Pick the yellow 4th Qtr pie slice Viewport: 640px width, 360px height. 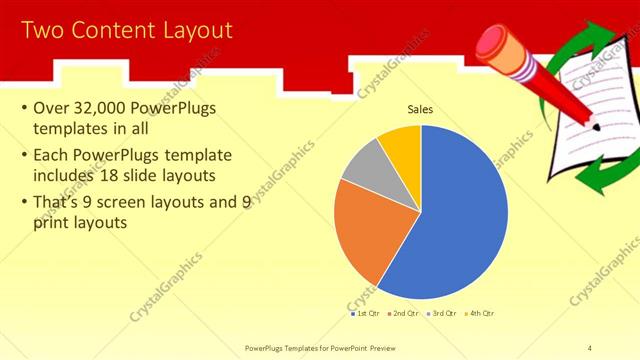click(x=401, y=143)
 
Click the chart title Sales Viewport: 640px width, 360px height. click(x=420, y=109)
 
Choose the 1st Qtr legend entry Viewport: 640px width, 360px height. click(x=365, y=313)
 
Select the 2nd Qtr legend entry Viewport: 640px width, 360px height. click(x=403, y=313)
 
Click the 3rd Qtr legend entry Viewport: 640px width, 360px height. click(x=443, y=313)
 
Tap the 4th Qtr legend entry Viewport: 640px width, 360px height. click(x=481, y=313)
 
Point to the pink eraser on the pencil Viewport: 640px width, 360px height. click(x=491, y=41)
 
